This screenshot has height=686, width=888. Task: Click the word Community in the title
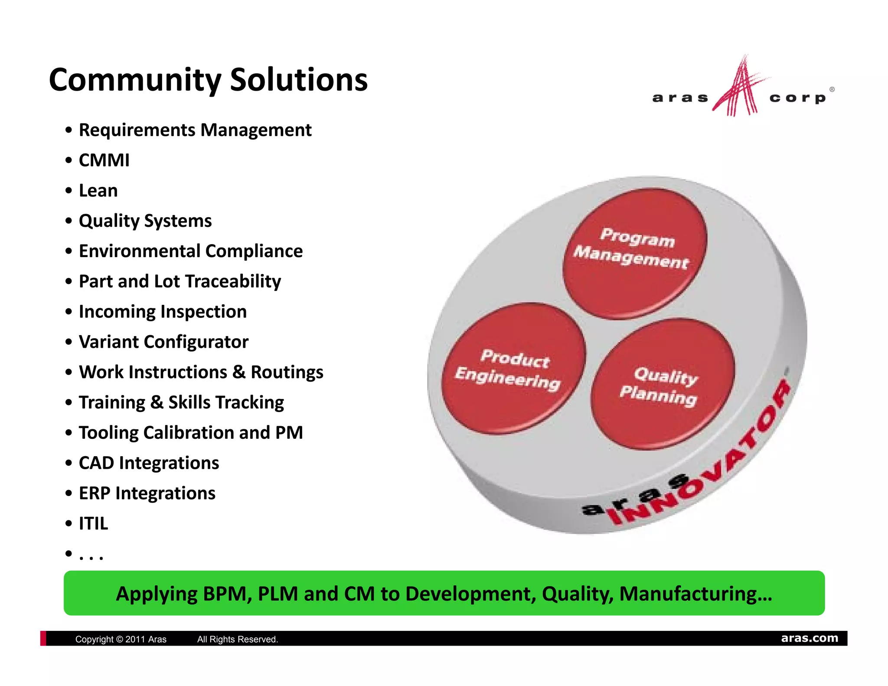135,81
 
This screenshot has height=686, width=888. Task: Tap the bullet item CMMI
104,160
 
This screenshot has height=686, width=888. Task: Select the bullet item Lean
98,191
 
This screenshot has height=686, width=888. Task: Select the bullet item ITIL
93,524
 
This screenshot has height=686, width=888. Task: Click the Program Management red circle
634,254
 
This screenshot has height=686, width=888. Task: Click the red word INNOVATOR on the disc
702,460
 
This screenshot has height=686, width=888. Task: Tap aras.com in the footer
809,638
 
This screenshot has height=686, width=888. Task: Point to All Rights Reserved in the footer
237,639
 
